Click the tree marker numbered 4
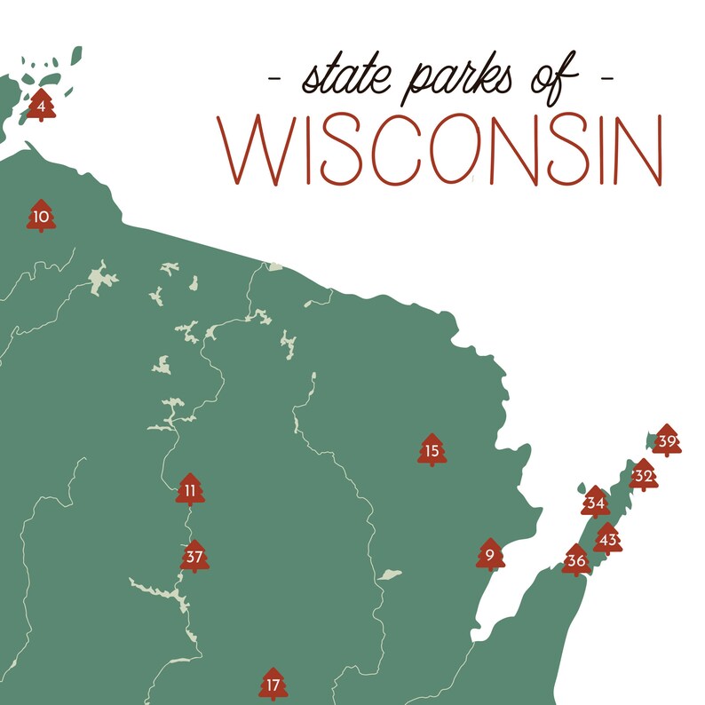(x=41, y=106)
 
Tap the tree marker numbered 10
(x=41, y=216)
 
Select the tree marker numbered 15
(x=432, y=450)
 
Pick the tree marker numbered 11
(x=190, y=489)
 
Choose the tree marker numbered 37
(x=194, y=557)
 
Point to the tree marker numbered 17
(x=273, y=685)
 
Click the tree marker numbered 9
(x=490, y=555)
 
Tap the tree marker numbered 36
(x=576, y=560)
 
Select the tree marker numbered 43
(x=607, y=539)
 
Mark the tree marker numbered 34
(x=596, y=503)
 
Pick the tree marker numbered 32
(x=644, y=476)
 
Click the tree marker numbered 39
(x=667, y=440)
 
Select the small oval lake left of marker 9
(x=388, y=575)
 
